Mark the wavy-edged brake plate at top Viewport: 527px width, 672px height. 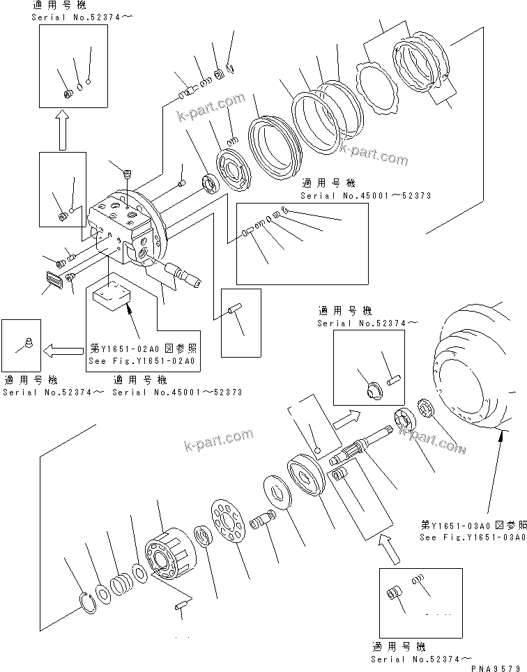(375, 89)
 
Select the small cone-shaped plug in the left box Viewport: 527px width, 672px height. (29, 342)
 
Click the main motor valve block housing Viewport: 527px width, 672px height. (125, 230)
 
